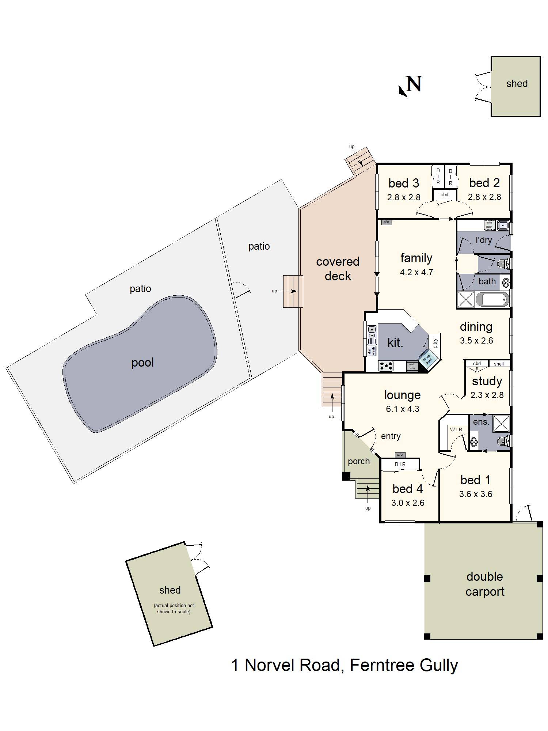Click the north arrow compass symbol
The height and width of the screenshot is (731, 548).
(x=410, y=86)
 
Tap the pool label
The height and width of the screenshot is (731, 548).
(x=142, y=363)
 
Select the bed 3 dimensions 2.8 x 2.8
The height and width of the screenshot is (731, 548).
(x=403, y=197)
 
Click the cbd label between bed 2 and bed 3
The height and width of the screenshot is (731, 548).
(x=444, y=195)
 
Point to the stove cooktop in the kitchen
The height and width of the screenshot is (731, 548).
(x=385, y=365)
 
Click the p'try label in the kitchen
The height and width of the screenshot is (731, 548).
(x=435, y=343)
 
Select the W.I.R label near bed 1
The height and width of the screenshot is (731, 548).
(x=456, y=429)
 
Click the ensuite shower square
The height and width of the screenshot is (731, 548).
(x=501, y=424)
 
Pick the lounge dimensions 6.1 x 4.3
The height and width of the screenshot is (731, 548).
(x=402, y=409)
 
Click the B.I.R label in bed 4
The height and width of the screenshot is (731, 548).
(x=400, y=464)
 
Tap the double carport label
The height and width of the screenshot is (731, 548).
(x=484, y=584)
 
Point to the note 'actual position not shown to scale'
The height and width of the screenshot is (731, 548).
(x=174, y=609)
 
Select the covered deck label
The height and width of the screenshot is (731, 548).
(x=338, y=269)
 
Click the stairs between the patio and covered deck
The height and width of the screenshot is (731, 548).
(x=293, y=291)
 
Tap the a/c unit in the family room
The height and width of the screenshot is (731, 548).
(x=386, y=222)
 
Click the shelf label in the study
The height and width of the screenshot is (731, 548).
(x=499, y=364)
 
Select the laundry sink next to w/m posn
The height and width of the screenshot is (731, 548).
(x=503, y=226)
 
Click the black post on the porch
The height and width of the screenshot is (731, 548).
(x=346, y=476)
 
